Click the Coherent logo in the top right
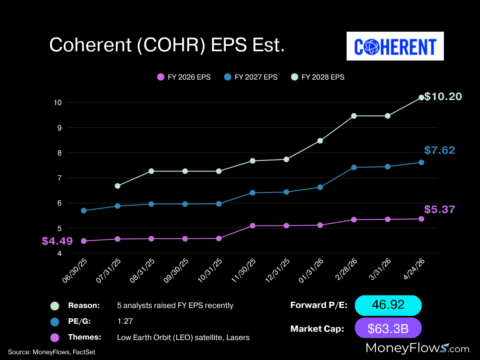tap(395, 46)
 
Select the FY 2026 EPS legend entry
tap(184, 77)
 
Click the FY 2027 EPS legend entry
tap(250, 77)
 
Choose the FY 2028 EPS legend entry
tap(317, 77)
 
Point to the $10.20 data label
tap(443, 97)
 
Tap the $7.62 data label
tap(439, 150)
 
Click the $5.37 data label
tap(439, 209)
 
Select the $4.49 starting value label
tap(57, 241)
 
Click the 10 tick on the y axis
tap(58, 102)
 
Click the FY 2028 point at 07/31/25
tap(117, 186)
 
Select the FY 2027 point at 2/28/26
tap(354, 167)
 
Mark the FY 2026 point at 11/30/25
tap(252, 226)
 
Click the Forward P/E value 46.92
tap(388, 305)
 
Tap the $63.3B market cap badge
tap(388, 328)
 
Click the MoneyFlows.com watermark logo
tap(417, 348)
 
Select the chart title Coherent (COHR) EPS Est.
tap(167, 45)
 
